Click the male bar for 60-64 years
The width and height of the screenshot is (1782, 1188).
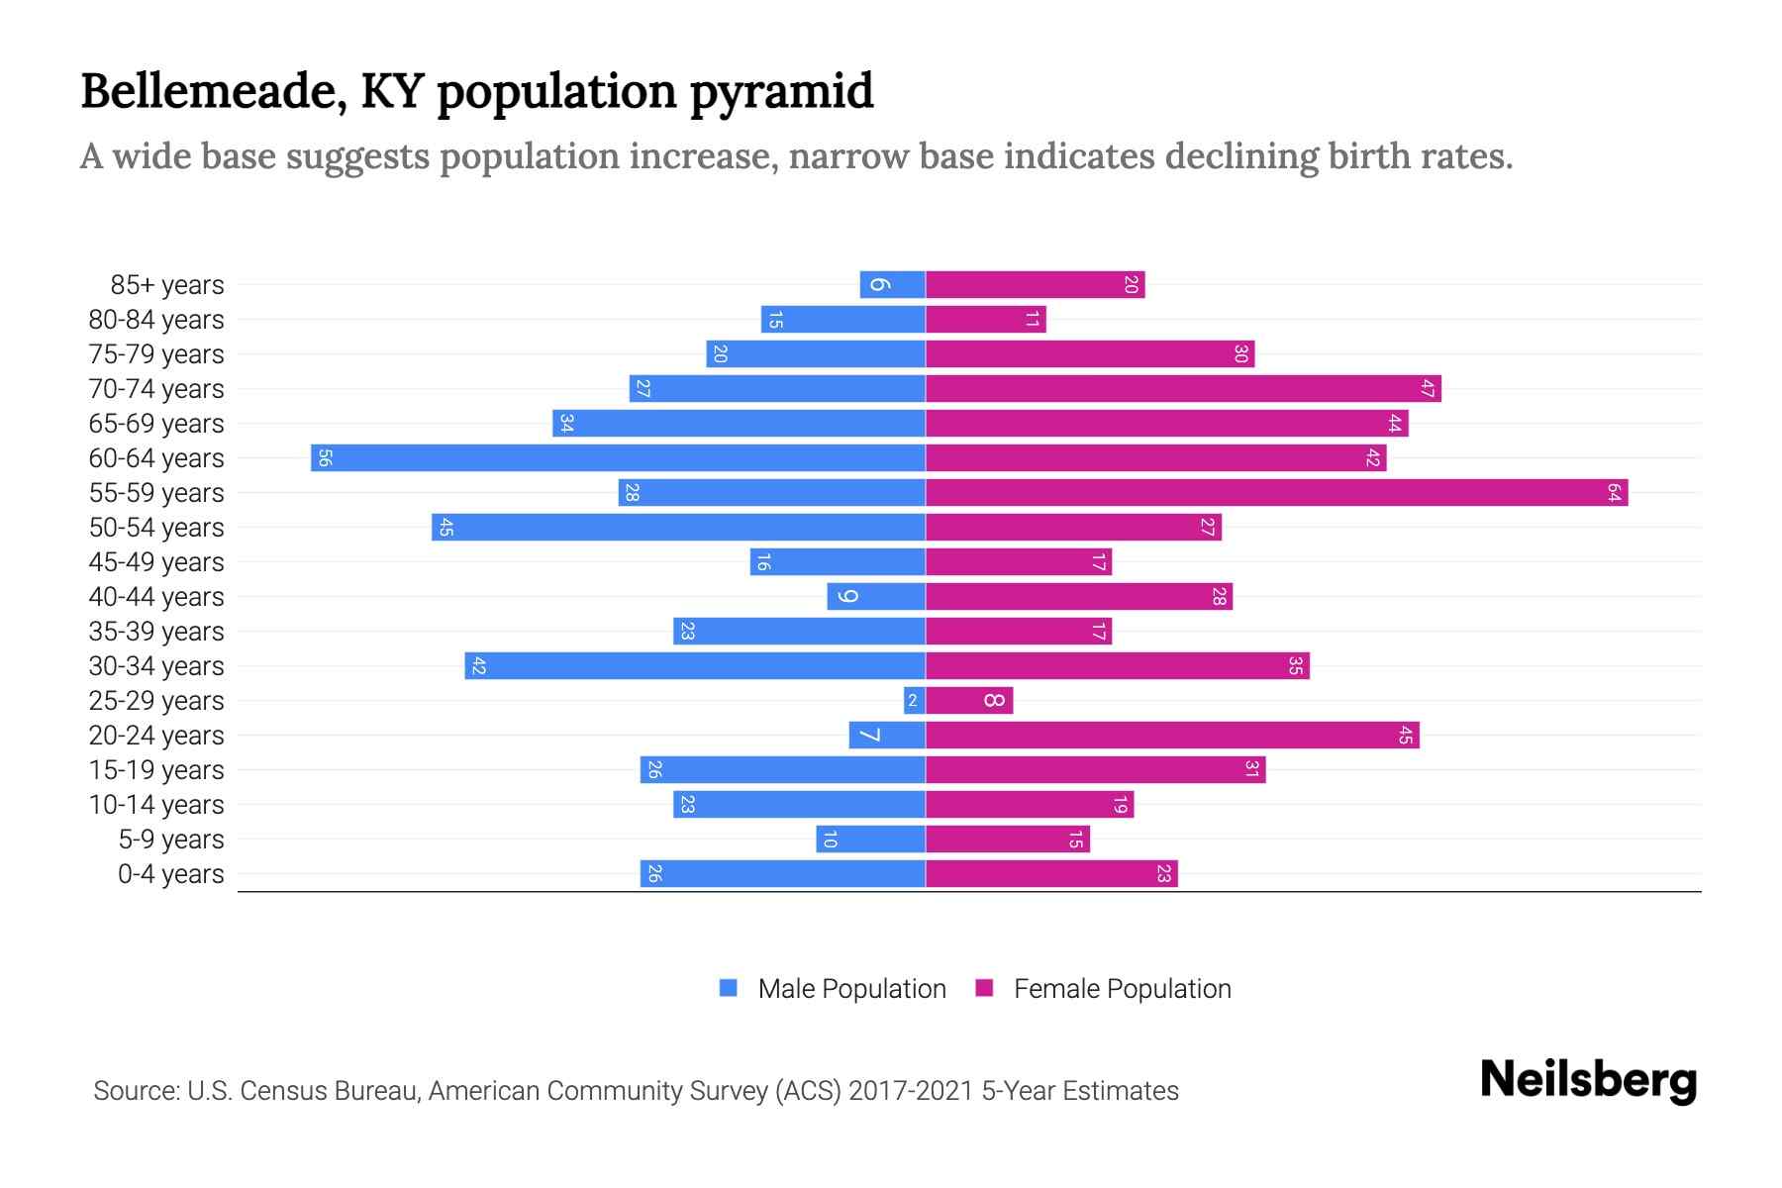click(x=619, y=458)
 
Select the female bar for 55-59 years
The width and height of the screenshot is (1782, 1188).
click(x=1277, y=493)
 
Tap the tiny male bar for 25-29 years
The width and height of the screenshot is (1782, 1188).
click(x=914, y=701)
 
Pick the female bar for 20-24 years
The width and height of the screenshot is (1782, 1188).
click(x=1172, y=736)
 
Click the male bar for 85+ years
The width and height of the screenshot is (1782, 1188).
click(x=892, y=285)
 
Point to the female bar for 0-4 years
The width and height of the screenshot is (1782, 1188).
click(x=1051, y=874)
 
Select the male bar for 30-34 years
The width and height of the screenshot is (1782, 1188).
click(x=695, y=666)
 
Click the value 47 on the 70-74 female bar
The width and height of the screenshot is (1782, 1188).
click(x=1427, y=389)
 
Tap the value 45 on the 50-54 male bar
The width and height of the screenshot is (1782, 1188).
click(x=446, y=528)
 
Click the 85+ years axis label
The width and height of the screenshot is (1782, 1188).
click(x=167, y=285)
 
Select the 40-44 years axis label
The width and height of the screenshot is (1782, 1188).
click(x=156, y=597)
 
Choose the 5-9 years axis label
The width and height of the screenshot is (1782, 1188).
click(x=171, y=840)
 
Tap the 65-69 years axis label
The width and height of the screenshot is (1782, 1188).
click(x=156, y=424)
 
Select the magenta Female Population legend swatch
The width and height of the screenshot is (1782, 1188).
click(x=984, y=988)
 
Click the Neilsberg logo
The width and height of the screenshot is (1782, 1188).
click(x=1588, y=1079)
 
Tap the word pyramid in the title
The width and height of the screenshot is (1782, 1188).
click(x=781, y=92)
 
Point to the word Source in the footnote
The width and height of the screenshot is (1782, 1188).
click(x=135, y=1091)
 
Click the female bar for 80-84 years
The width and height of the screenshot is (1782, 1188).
click(x=985, y=320)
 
